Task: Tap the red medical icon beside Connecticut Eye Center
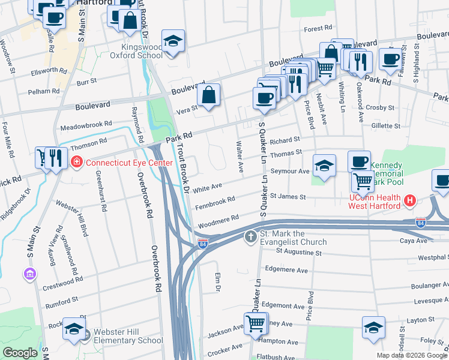pyautogui.click(x=77, y=163)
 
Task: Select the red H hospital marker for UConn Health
pyautogui.click(x=410, y=200)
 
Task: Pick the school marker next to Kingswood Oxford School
pyautogui.click(x=173, y=41)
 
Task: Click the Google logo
pyautogui.click(x=20, y=353)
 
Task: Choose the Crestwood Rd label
pyautogui.click(x=62, y=281)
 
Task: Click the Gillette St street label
pyautogui.click(x=385, y=127)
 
